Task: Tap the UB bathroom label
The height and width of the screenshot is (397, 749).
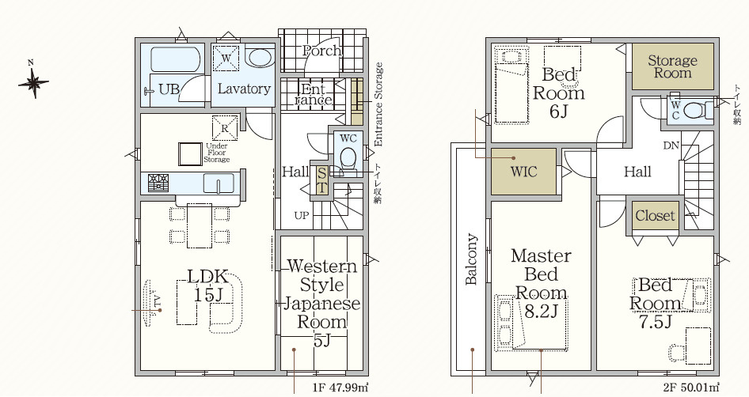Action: [x=169, y=89]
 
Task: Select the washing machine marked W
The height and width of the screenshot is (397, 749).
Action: [x=226, y=59]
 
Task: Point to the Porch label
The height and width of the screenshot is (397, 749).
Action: [x=322, y=51]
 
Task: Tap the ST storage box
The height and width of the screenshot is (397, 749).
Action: [x=322, y=179]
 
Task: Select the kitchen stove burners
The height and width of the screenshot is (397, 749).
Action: [x=158, y=183]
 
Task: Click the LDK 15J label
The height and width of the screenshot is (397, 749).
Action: [x=208, y=285]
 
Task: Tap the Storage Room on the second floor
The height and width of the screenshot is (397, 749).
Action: [x=672, y=66]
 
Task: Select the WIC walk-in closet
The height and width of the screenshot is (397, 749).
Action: [x=524, y=172]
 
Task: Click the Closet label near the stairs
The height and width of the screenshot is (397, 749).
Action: [x=656, y=215]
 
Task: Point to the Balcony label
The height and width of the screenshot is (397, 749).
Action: [x=471, y=259]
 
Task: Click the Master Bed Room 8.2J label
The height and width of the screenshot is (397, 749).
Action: [x=541, y=283]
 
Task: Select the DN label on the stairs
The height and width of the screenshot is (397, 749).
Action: [x=671, y=146]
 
